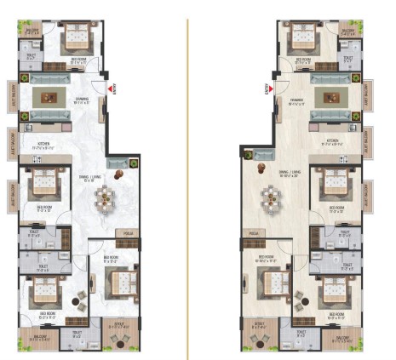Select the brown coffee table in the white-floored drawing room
pos(47,96)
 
